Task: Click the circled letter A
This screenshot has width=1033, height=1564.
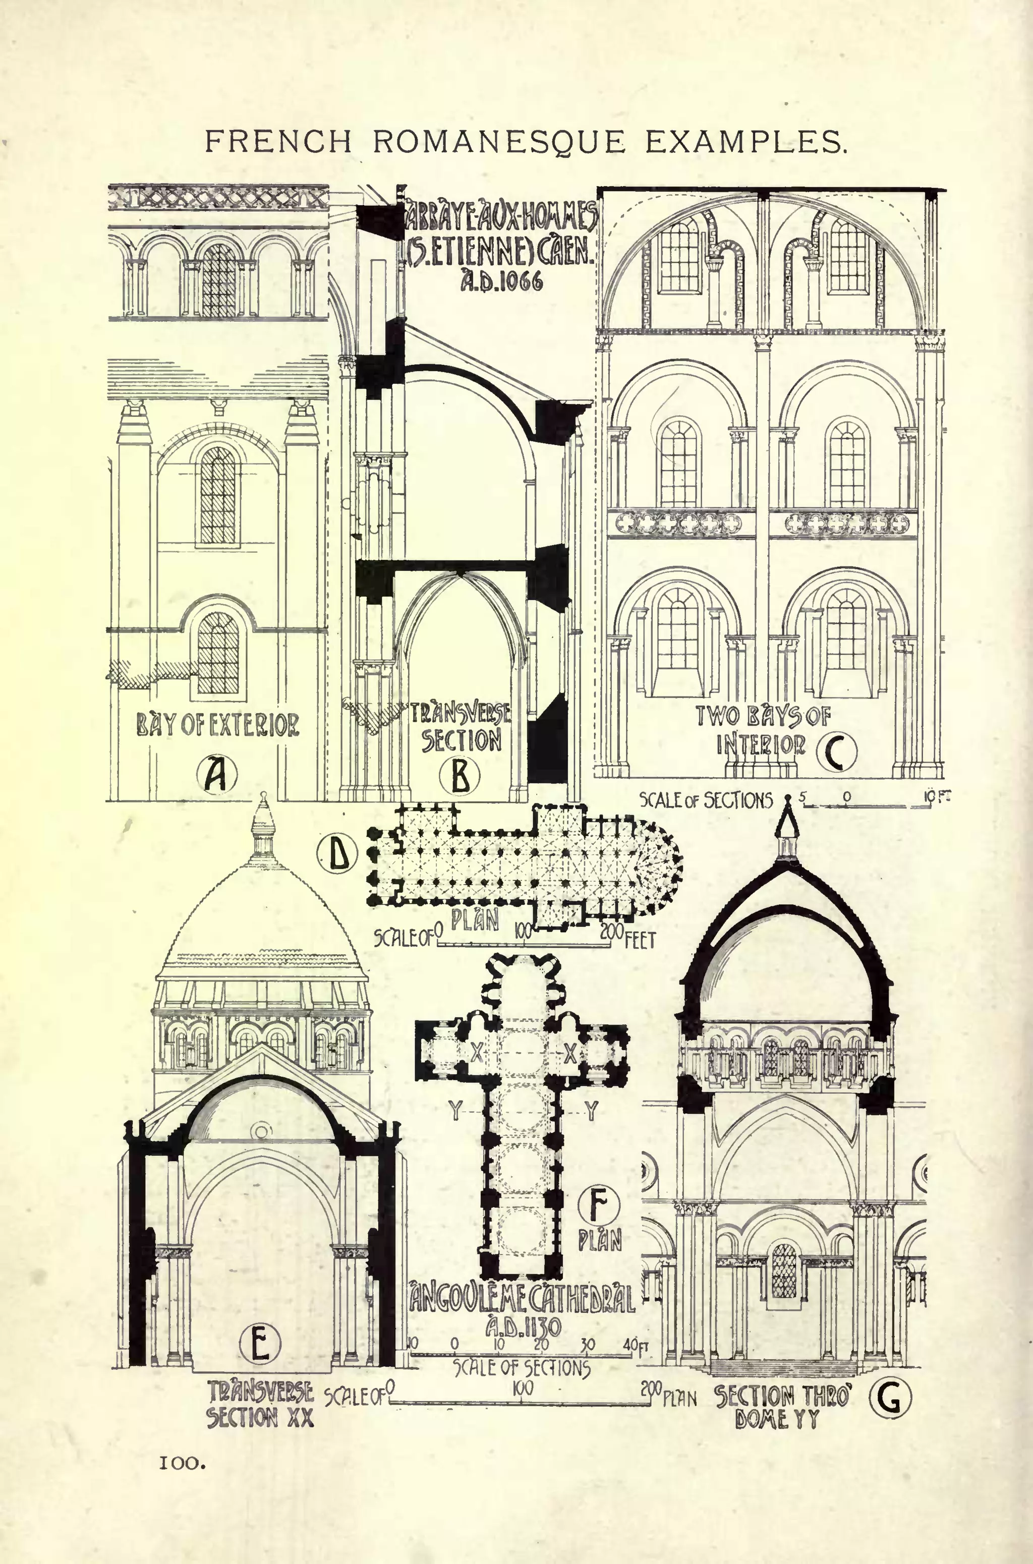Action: pyautogui.click(x=215, y=775)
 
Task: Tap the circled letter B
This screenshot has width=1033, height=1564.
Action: pyautogui.click(x=460, y=775)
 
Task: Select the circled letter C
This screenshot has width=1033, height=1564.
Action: pyautogui.click(x=837, y=753)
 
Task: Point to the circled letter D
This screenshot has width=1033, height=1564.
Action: pyautogui.click(x=337, y=854)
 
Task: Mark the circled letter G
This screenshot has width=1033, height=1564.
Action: pyautogui.click(x=890, y=1398)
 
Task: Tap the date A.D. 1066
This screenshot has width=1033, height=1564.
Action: pyautogui.click(x=502, y=281)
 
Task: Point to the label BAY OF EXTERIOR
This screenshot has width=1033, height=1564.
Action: pyautogui.click(x=217, y=725)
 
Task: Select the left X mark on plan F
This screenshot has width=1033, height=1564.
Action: pyautogui.click(x=476, y=1054)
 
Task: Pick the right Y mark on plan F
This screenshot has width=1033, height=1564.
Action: pyautogui.click(x=591, y=1111)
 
